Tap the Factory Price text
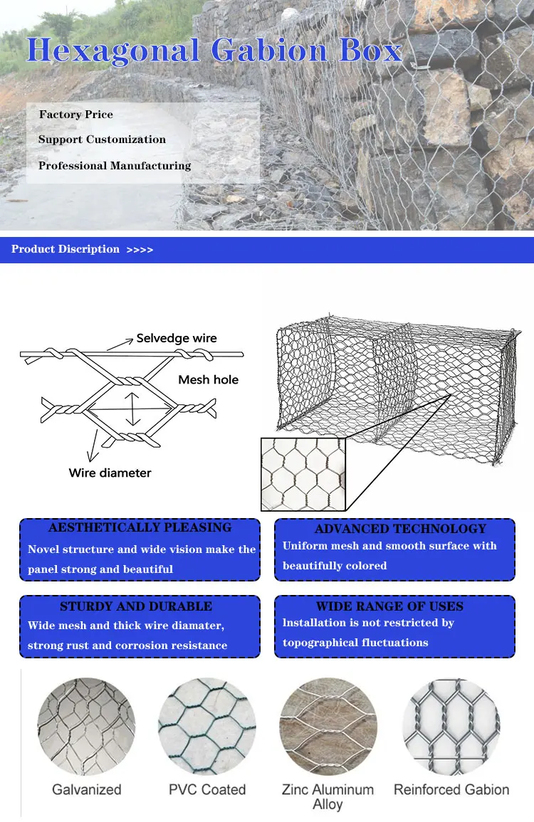[75, 115]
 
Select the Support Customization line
[102, 139]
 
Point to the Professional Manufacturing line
[115, 166]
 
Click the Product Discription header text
[66, 249]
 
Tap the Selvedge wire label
[177, 339]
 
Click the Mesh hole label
[208, 380]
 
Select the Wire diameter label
[110, 473]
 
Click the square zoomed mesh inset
[303, 474]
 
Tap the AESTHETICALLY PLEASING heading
[140, 528]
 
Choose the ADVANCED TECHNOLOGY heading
[400, 529]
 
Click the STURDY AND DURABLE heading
[136, 606]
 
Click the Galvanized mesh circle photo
[86, 726]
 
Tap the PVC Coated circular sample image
[207, 726]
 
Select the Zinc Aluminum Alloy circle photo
[328, 726]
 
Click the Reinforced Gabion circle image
[451, 726]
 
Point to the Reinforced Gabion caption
[451, 790]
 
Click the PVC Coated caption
[207, 790]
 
